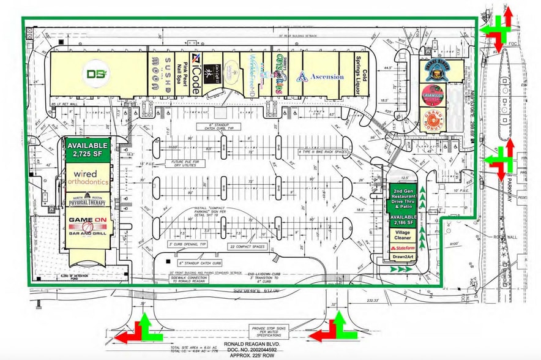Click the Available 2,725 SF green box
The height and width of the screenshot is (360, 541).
[x=87, y=149]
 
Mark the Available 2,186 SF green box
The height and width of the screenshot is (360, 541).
[x=403, y=221]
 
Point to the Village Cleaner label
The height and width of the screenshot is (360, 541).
[x=403, y=236]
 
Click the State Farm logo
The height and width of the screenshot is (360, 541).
[x=403, y=247]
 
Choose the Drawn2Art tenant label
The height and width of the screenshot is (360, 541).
[x=403, y=257]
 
